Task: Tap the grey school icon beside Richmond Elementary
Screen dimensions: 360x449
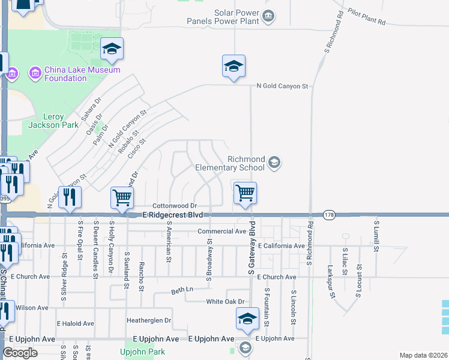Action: tap(274, 162)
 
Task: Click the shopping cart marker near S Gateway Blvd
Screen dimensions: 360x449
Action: tap(245, 194)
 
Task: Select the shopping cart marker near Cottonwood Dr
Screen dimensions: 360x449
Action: tap(122, 198)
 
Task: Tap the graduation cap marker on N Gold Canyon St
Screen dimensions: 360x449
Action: tap(234, 67)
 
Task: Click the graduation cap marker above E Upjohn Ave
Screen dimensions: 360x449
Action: tap(247, 319)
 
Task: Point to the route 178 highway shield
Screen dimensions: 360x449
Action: tap(328, 215)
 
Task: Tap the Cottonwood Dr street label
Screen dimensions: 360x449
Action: tap(174, 206)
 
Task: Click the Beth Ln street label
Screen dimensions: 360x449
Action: tap(182, 290)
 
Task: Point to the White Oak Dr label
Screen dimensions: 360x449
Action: tap(225, 302)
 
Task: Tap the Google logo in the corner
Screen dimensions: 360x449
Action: tap(20, 353)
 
